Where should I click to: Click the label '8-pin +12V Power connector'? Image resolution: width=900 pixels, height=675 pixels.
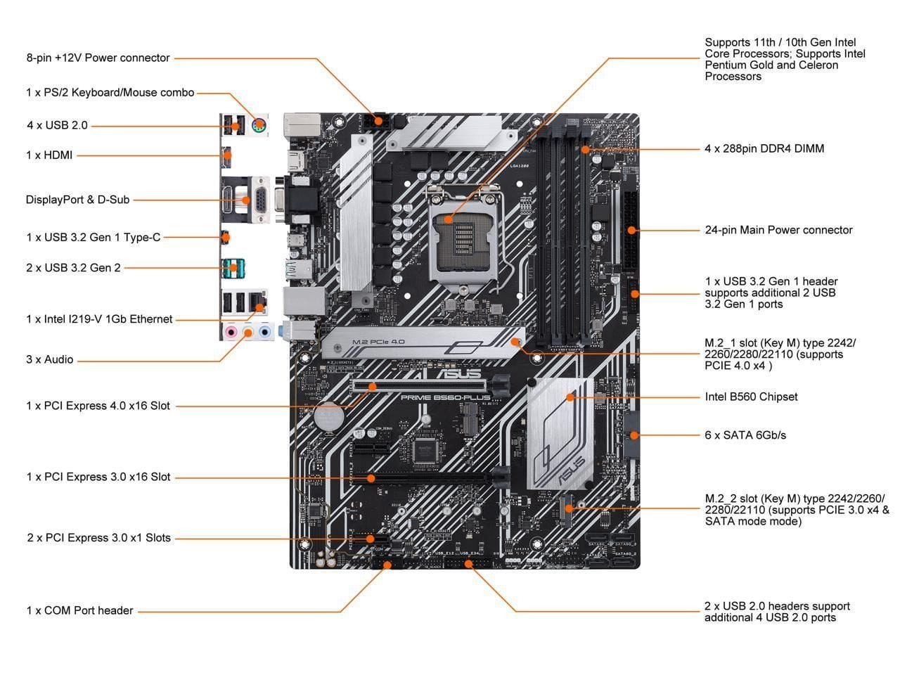[98, 58]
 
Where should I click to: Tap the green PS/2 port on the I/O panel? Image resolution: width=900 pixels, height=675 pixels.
[259, 126]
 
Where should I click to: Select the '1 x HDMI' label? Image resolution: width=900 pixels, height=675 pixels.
[49, 155]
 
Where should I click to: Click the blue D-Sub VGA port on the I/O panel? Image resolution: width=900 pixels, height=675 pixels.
[259, 200]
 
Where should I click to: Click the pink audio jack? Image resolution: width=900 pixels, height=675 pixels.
[231, 331]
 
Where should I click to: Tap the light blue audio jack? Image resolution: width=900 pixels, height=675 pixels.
[264, 331]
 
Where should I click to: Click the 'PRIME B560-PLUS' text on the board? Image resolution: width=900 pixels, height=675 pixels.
[445, 397]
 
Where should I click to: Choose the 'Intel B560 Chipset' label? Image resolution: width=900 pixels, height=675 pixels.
[751, 397]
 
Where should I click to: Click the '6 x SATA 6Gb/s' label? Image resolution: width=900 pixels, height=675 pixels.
[745, 435]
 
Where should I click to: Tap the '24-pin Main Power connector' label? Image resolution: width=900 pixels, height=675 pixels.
[778, 230]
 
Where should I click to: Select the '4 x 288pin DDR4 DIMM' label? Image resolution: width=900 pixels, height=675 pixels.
[764, 148]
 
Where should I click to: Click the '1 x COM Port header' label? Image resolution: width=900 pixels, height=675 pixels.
[79, 610]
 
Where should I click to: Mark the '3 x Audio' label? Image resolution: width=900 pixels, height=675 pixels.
[49, 359]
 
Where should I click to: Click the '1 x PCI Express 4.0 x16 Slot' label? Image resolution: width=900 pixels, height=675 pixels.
[98, 406]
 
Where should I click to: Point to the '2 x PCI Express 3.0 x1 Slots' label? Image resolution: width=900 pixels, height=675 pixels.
[98, 538]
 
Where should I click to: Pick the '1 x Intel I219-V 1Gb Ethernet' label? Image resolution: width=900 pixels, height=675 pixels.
[99, 319]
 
